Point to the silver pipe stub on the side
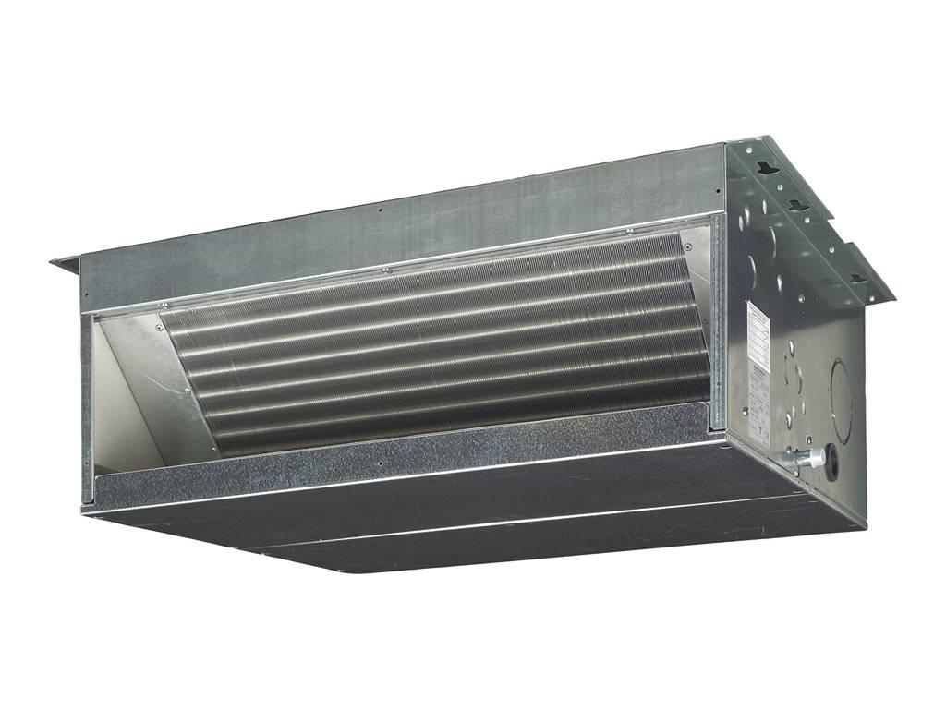pyautogui.click(x=795, y=458)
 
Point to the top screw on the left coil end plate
pyautogui.click(x=164, y=306)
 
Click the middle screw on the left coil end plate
pyautogui.click(x=188, y=391)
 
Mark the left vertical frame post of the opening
pyautogui.click(x=87, y=406)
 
